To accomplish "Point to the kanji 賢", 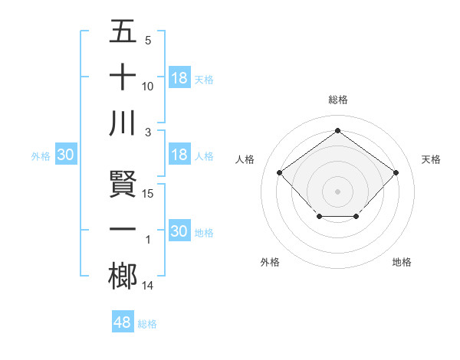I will [123, 184].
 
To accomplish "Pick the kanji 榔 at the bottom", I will [123, 276].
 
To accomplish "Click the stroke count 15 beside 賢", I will [149, 193].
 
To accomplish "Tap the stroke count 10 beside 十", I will [149, 86].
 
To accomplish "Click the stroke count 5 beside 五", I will [147, 40].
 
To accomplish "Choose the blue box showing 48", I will [123, 322].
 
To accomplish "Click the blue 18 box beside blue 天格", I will [179, 78].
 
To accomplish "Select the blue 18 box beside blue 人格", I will [179, 155].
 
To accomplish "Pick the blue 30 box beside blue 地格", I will [179, 231].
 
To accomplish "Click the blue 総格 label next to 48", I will [147, 324].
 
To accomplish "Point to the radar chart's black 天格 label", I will [432, 159].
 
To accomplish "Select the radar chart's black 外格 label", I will [270, 262].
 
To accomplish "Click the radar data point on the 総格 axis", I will [337, 130].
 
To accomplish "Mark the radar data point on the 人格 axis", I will [280, 173].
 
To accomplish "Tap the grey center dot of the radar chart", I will [337, 191].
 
